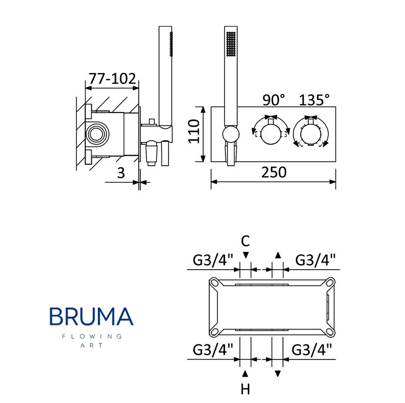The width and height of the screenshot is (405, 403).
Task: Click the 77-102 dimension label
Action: coord(112,78)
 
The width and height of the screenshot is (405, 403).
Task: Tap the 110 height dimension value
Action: coord(194,131)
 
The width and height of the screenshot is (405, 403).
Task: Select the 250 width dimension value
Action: coord(274,172)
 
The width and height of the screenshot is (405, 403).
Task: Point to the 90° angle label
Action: coord(274,100)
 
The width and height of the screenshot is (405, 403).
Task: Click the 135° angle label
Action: coord(314,100)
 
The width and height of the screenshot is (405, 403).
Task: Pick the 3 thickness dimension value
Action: coord(121,173)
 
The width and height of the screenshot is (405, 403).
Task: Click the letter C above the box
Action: coord(246,241)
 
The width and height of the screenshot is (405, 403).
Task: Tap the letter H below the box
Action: coord(246,389)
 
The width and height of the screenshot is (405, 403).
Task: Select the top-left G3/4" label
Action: coord(213,260)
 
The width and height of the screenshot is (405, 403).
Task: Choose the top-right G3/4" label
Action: coord(315,260)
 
